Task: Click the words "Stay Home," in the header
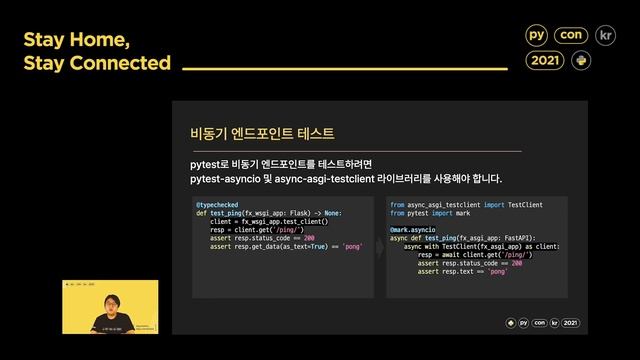pos(76,41)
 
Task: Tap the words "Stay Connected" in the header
pos(97,63)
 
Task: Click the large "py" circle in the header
pos(537,35)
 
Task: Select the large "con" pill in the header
pos(573,35)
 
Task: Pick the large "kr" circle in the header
pos(605,35)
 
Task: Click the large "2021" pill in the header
pos(546,61)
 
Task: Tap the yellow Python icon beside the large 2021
pos(581,61)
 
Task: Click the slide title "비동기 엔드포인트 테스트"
pos(262,133)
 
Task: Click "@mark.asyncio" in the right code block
pos(413,229)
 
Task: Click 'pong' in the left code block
pos(351,246)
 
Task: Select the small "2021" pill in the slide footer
pos(570,323)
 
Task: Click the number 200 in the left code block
pos(309,238)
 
